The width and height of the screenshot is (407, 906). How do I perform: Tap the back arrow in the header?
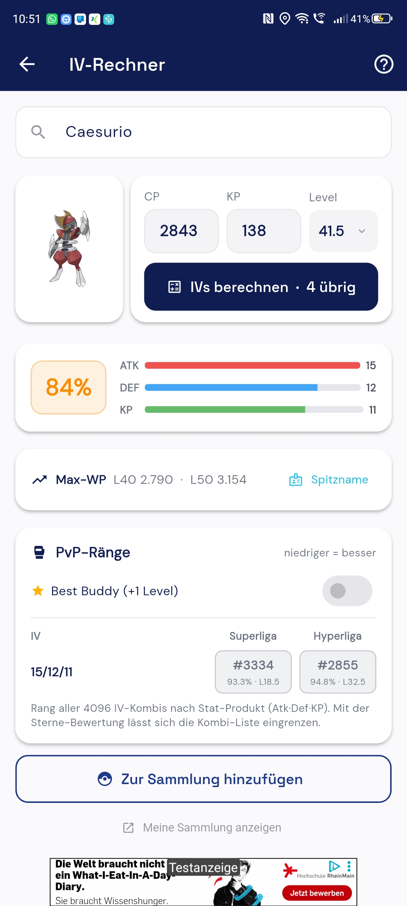[x=27, y=64]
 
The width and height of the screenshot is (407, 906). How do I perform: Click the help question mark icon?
[x=384, y=64]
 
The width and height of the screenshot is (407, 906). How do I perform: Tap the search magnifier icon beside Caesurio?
[x=38, y=132]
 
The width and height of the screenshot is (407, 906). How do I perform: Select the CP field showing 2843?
[x=181, y=231]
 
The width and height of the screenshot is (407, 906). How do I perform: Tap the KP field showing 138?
[x=264, y=231]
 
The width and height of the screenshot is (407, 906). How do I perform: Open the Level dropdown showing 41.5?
[x=343, y=231]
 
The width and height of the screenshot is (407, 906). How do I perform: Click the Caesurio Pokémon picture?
[x=69, y=249]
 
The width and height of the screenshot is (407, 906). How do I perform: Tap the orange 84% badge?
[x=69, y=388]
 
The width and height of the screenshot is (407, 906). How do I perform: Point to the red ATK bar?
[x=252, y=365]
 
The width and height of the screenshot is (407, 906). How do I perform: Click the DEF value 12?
[x=371, y=388]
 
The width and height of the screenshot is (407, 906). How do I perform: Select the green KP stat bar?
[x=225, y=410]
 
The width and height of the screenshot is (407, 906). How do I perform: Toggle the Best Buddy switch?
[x=347, y=591]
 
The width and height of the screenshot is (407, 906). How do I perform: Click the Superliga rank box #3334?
[x=253, y=672]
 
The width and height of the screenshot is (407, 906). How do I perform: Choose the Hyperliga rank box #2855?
[x=338, y=672]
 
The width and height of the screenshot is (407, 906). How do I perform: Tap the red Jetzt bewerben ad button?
[x=317, y=893]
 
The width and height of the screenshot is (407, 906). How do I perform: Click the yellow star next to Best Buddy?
[x=38, y=591]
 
